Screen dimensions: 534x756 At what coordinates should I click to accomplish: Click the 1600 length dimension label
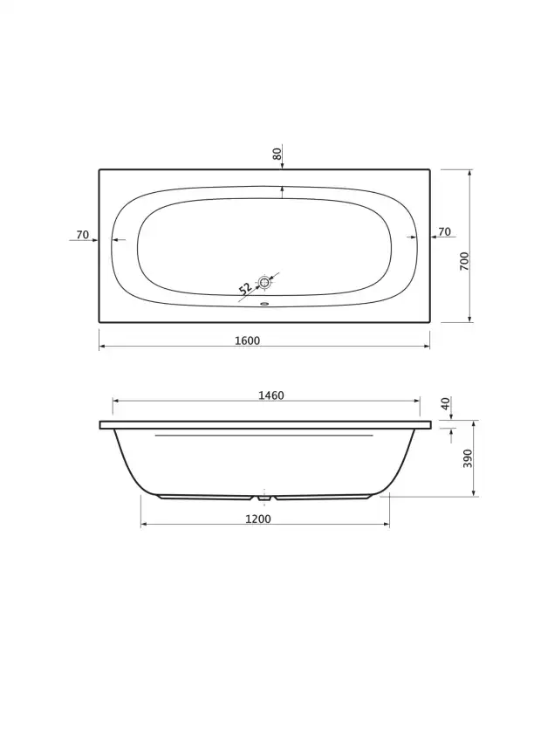(x=247, y=340)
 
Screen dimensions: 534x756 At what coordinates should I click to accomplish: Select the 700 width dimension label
(x=464, y=261)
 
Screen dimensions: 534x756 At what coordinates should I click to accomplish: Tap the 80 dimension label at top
(x=277, y=155)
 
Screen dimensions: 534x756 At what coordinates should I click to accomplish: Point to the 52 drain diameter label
(x=246, y=288)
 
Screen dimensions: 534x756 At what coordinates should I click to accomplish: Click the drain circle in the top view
(x=264, y=282)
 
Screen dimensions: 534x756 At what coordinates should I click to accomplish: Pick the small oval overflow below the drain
(x=264, y=304)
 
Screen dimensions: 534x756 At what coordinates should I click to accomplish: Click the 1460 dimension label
(x=271, y=395)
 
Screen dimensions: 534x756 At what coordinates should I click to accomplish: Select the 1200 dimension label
(x=258, y=519)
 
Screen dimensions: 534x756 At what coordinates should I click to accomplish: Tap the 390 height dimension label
(x=468, y=458)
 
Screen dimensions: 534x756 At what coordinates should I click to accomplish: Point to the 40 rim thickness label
(x=446, y=403)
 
